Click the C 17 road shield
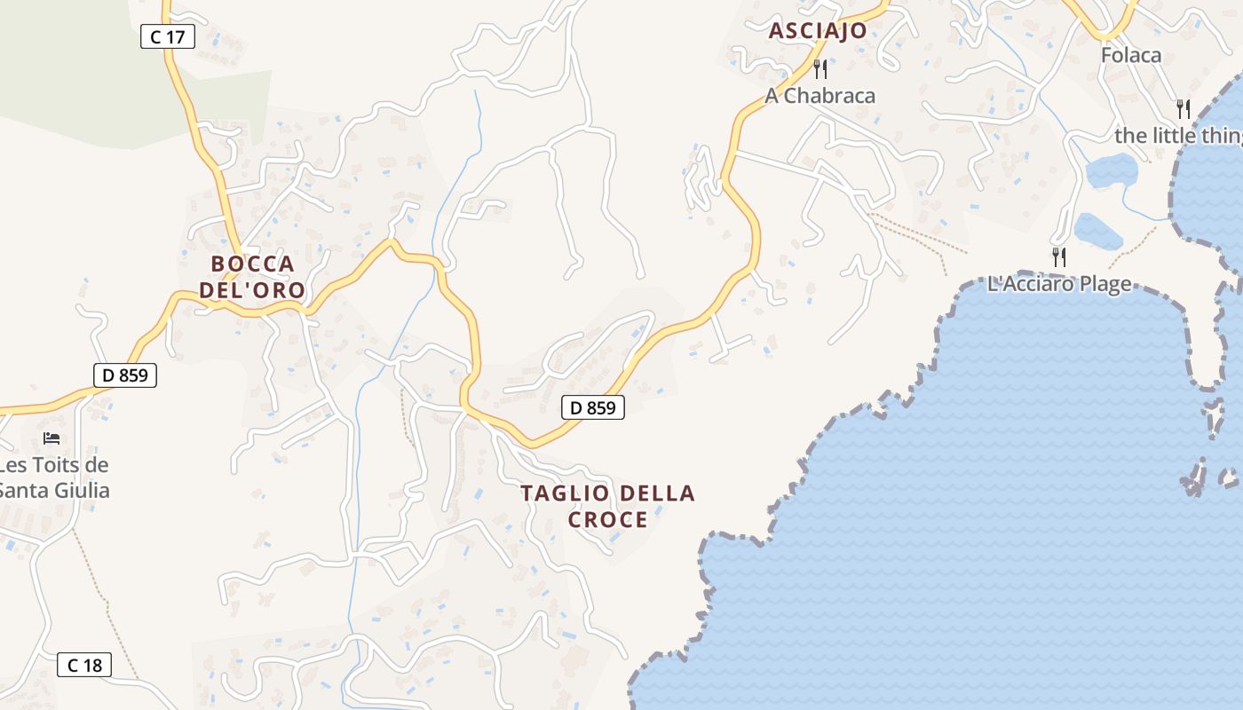coord(167,37)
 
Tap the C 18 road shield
coord(84,665)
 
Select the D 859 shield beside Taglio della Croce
coord(592,408)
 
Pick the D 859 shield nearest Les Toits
coord(125,375)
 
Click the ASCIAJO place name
coord(817,31)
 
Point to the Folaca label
coord(1130,55)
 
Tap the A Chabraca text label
coord(819,96)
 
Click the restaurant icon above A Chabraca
coord(820,68)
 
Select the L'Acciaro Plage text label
coord(1059,284)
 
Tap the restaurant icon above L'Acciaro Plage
coord(1058,257)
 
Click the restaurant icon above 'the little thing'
coord(1183,109)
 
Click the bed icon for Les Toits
coord(51,438)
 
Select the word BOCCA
coord(252,264)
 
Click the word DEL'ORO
coord(252,290)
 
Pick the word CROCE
coord(608,520)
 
